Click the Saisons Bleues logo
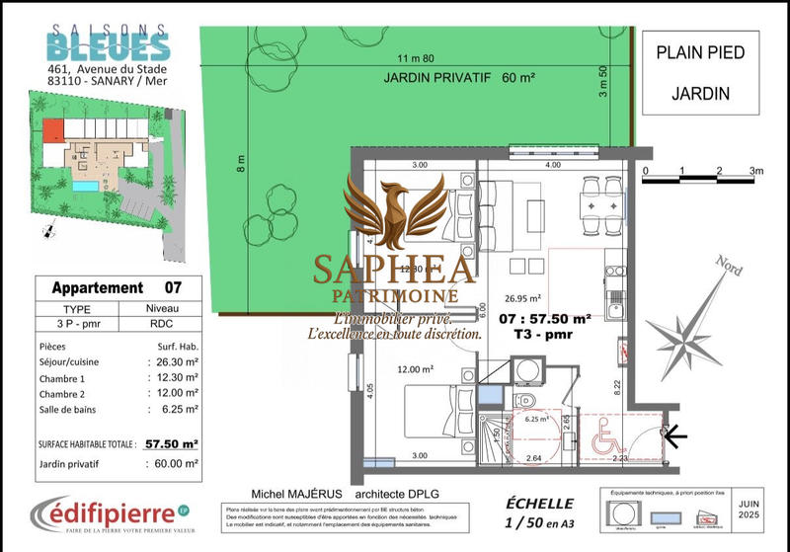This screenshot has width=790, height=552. click(110, 42)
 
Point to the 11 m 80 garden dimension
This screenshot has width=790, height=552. click(416, 57)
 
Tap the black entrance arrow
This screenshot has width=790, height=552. click(673, 434)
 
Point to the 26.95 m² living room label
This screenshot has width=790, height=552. click(521, 297)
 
